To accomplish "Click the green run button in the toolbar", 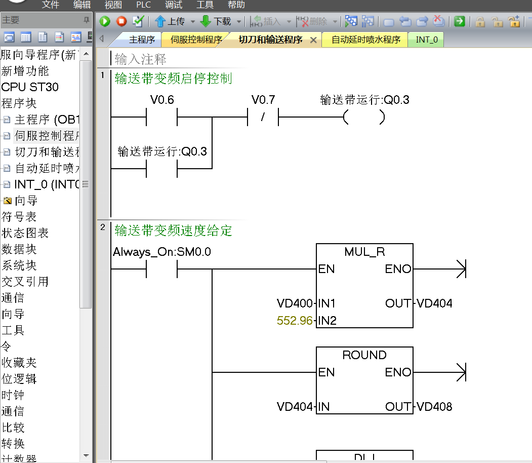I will (x=105, y=21).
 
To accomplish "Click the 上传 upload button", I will (x=170, y=21).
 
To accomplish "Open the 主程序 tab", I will (x=142, y=40).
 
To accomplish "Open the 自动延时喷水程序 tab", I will (x=365, y=40).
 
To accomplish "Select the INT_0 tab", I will (x=427, y=40).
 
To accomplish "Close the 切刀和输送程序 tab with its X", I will (x=313, y=40).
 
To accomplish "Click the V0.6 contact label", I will (x=162, y=100).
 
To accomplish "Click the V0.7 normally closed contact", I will (x=263, y=118).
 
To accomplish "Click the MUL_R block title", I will (x=364, y=252).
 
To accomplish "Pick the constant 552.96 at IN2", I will (x=295, y=321).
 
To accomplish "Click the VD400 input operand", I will (x=295, y=303).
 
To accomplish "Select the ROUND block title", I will (x=364, y=355).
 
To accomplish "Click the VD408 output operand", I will (x=434, y=407).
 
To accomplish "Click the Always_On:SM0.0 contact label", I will (x=162, y=252).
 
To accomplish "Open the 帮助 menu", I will (x=236, y=5).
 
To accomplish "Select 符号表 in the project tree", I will (x=19, y=217).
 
